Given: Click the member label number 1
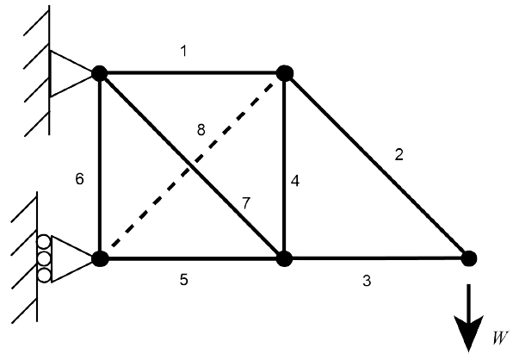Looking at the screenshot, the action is (184, 51).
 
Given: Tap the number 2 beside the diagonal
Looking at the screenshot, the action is (399, 154).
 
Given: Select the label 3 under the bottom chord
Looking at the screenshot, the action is (367, 281).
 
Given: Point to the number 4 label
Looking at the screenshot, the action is (294, 181).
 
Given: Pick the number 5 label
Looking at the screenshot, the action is (184, 280).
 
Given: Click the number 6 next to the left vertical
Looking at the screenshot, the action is (79, 179).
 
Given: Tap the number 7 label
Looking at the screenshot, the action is (245, 203).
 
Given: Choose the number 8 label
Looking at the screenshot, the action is (201, 130).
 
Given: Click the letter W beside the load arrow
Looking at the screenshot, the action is (500, 338).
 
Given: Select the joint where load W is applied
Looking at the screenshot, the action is (469, 258).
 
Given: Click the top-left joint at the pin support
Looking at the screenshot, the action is (100, 73).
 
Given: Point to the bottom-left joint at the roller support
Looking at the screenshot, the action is (100, 259).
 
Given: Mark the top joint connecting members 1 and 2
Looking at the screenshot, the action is (285, 73).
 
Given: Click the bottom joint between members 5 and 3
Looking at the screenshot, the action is (284, 259).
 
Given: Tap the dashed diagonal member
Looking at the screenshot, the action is (193, 164).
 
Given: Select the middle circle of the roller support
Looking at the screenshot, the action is (44, 259).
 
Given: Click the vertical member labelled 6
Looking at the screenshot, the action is (100, 166).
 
